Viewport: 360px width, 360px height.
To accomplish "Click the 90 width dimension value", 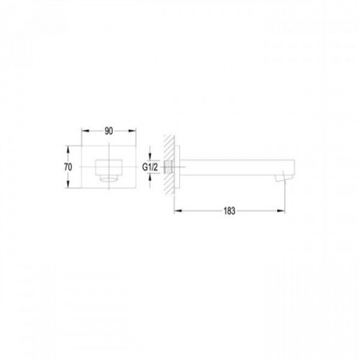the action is point(109,131).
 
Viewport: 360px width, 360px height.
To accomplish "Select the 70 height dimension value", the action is point(68,167).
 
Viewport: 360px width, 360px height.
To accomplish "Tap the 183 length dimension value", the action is point(230,211).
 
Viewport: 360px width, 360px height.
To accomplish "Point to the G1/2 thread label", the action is point(150,167).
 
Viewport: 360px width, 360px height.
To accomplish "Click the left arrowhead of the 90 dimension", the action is point(86,131).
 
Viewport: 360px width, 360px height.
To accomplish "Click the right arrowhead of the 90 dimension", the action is point(132,131).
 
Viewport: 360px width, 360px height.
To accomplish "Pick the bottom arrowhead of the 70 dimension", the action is point(68,184).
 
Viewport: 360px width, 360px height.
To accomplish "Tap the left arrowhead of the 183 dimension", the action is point(178,211).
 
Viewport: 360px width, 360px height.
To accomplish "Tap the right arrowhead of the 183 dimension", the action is point(281,211).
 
